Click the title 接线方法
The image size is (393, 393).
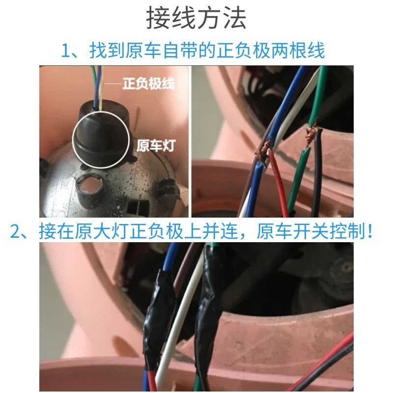pyautogui.click(x=196, y=18)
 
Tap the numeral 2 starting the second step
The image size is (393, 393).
pyautogui.click(x=17, y=231)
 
